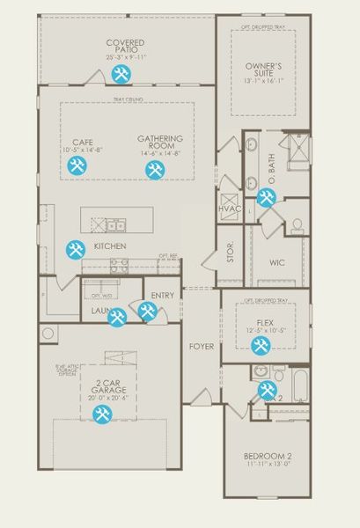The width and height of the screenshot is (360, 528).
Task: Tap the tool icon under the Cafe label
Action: [x=77, y=166]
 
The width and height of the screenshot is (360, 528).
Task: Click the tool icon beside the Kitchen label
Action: [x=76, y=250]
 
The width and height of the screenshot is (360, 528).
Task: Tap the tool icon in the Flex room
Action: [x=261, y=346]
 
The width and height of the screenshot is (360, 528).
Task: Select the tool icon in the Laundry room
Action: [x=116, y=318]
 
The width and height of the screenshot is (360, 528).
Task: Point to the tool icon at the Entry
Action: [x=146, y=312]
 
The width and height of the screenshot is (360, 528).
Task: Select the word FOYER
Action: [x=202, y=347]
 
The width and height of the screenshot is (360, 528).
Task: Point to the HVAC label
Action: [x=230, y=209]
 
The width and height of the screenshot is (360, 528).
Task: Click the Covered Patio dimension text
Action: [x=126, y=58]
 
